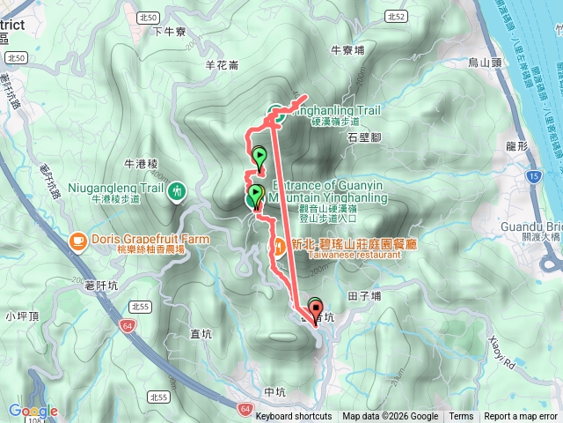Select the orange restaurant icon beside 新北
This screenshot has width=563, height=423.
[x=278, y=244]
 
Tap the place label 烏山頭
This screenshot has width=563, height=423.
[x=484, y=63]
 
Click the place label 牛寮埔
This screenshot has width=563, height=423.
[x=348, y=51]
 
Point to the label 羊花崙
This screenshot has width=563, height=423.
[x=221, y=64]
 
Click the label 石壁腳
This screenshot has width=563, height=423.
[x=363, y=138]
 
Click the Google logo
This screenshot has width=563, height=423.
[x=33, y=411]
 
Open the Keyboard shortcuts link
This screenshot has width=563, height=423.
[x=294, y=417]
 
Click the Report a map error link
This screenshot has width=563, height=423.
[x=521, y=417]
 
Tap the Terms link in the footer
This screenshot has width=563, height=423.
[x=460, y=417]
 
